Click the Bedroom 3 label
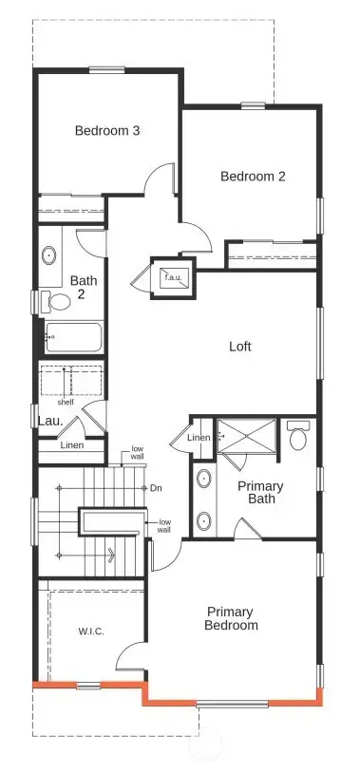[107, 131]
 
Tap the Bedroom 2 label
[253, 176]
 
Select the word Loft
[240, 347]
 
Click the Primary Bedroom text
[232, 618]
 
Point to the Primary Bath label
[259, 492]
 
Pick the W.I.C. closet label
[90, 631]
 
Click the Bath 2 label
[84, 286]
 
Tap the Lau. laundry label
[49, 421]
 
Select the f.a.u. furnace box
[172, 277]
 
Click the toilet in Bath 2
[59, 303]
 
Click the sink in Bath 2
[48, 255]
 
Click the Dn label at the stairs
[156, 488]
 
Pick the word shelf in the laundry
[65, 401]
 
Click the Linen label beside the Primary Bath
[199, 437]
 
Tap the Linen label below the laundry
[71, 444]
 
